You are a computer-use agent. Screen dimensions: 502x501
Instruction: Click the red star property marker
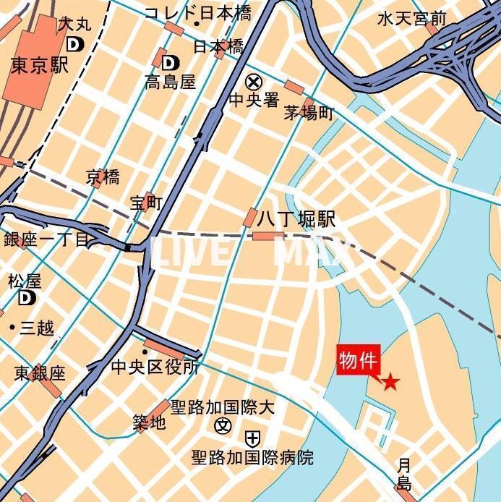pos(390,382)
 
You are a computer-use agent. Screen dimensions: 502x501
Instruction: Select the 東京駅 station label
pos(40,66)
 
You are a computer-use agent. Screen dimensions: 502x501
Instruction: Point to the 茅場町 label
pos(309,114)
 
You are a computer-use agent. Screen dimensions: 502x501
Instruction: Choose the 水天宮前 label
pos(412,19)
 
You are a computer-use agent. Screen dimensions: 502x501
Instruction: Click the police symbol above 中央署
pos(254,82)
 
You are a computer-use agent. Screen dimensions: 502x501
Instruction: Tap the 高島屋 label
pos(171,82)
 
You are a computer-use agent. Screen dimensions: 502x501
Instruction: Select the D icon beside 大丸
pos(74,44)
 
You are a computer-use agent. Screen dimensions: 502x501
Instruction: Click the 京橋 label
pos(103,176)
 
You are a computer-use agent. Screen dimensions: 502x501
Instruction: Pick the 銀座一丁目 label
pos(46,240)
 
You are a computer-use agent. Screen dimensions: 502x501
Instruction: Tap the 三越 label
pos(36,328)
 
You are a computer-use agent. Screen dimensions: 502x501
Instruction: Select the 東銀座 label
pos(40,373)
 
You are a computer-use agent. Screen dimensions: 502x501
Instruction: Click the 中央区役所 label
pos(155,367)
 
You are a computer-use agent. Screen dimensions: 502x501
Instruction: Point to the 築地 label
pos(149,422)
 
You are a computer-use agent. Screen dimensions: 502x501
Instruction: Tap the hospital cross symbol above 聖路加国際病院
pos(252,438)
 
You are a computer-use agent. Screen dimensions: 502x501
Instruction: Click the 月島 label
pos(404,475)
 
